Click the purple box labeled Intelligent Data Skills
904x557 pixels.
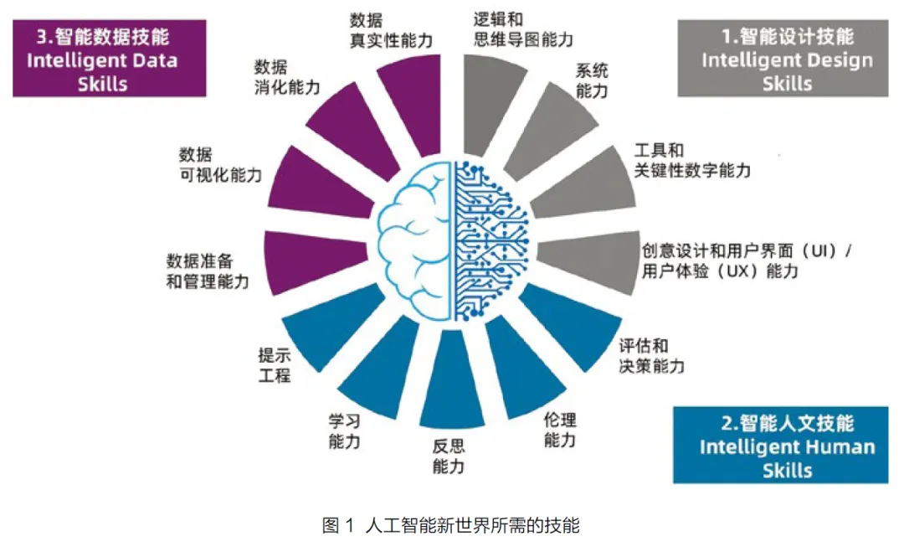pos(108,59)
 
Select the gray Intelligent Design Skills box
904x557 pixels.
pos(786,59)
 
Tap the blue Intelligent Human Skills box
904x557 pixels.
pos(786,445)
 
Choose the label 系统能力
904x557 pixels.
pos(592,80)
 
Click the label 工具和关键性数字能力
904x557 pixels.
pos(691,160)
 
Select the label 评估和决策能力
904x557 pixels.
pos(650,356)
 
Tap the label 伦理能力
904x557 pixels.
pos(560,429)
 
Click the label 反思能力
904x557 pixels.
pos(449,456)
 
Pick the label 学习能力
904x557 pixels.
pos(344,430)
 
